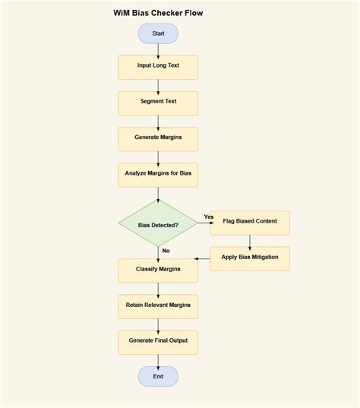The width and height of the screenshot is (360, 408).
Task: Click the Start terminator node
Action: (158, 33)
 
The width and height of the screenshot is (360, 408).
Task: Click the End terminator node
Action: (158, 376)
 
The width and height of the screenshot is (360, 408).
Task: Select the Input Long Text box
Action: (158, 67)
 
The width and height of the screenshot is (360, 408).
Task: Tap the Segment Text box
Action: (158, 103)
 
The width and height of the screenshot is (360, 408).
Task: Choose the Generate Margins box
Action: (158, 138)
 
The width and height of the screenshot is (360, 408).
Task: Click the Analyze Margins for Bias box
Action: (158, 174)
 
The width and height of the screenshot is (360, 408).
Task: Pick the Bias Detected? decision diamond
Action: (158, 225)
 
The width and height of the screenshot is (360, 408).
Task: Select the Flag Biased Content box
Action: (250, 222)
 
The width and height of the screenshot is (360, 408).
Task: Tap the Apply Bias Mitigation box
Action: (250, 258)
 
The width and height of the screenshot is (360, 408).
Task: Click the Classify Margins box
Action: (158, 270)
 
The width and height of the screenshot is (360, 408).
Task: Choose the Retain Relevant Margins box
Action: (158, 305)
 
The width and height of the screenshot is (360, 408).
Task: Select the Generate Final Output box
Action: (158, 341)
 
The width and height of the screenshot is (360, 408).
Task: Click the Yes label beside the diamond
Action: (209, 217)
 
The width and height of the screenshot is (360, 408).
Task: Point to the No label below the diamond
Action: (166, 251)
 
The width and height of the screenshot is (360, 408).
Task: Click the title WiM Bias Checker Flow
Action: (158, 13)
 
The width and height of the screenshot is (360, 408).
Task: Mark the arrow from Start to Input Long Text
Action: (158, 49)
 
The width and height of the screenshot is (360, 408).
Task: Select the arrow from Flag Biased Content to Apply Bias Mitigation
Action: (250, 240)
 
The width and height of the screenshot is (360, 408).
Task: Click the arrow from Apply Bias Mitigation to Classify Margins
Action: (204, 259)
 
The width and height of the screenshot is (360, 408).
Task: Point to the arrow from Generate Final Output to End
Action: (158, 360)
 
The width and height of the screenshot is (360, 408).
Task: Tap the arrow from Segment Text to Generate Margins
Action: (158, 121)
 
